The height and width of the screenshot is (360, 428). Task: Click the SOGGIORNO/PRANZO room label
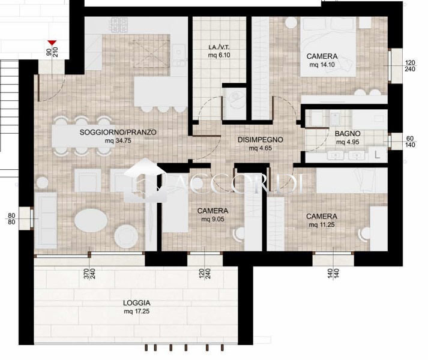click(x=118, y=132)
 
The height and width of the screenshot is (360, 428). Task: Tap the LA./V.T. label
click(x=219, y=47)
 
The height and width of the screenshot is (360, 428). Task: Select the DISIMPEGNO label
click(x=260, y=140)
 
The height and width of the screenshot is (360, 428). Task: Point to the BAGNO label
click(x=348, y=134)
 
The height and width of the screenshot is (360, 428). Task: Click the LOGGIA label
click(x=136, y=303)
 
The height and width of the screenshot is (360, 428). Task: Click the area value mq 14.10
click(x=322, y=65)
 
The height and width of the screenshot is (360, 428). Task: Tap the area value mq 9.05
click(x=212, y=219)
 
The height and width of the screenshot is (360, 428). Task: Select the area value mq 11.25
click(x=322, y=225)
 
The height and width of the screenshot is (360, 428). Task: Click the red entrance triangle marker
click(x=52, y=43)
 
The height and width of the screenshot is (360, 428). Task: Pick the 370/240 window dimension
click(x=89, y=274)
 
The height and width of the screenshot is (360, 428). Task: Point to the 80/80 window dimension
click(x=11, y=219)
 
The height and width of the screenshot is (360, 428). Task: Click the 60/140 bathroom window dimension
click(x=410, y=142)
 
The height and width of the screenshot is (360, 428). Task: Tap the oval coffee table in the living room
click(x=91, y=220)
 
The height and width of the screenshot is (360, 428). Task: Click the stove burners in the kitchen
click(x=119, y=25)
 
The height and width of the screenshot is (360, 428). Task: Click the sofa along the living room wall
click(x=46, y=220)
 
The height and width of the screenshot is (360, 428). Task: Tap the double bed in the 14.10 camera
click(x=328, y=47)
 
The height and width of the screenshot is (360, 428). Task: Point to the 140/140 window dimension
click(x=333, y=274)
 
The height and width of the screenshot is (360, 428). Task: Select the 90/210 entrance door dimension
click(x=52, y=52)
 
